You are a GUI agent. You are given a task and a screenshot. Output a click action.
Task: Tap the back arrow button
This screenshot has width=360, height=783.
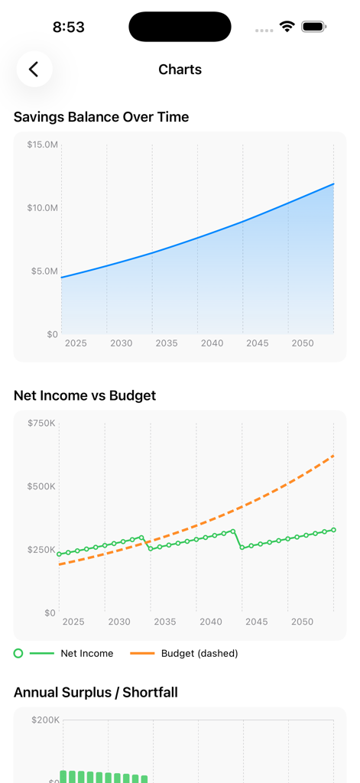[x=34, y=70]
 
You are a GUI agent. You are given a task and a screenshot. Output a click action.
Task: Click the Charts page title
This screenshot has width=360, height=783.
[x=180, y=70]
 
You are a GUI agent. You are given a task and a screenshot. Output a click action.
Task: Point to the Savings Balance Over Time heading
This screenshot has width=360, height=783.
[x=101, y=117]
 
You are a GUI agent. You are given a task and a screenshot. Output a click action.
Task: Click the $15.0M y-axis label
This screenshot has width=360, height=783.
[x=42, y=145]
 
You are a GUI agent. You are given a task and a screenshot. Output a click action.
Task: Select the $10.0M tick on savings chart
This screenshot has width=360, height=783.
[x=42, y=208]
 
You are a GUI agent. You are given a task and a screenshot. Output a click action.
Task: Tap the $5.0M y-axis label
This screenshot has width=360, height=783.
[x=44, y=271]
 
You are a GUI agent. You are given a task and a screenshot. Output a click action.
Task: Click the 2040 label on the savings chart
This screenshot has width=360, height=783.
[x=212, y=343]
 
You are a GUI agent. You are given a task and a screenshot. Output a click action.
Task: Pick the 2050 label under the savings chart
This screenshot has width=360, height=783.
[x=303, y=343]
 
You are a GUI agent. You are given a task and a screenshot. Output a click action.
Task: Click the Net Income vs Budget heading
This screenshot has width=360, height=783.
[x=85, y=395]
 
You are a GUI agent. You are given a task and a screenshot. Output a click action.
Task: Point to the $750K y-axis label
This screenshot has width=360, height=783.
[x=41, y=423]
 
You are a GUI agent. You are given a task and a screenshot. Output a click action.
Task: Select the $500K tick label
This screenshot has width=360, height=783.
[x=41, y=486]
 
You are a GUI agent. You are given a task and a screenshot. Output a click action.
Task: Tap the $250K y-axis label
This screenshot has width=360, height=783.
[x=41, y=550]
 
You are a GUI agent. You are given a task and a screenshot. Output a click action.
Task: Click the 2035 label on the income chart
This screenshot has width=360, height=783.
[x=165, y=622]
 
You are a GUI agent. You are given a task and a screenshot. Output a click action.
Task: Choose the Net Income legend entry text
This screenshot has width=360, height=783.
[x=87, y=653]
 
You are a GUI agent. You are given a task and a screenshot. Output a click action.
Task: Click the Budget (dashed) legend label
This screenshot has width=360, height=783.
[x=199, y=653]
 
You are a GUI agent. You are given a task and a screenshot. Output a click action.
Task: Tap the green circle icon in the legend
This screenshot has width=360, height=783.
[x=18, y=653]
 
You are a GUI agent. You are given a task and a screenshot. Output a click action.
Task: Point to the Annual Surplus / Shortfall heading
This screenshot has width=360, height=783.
[x=96, y=692]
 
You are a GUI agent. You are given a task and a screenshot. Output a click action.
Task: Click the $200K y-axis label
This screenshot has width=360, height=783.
[x=45, y=720]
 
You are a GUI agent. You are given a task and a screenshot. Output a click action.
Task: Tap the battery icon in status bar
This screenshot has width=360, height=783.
[x=314, y=27]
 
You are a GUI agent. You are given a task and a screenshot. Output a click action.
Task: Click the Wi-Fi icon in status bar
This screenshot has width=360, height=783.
[x=287, y=27]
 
